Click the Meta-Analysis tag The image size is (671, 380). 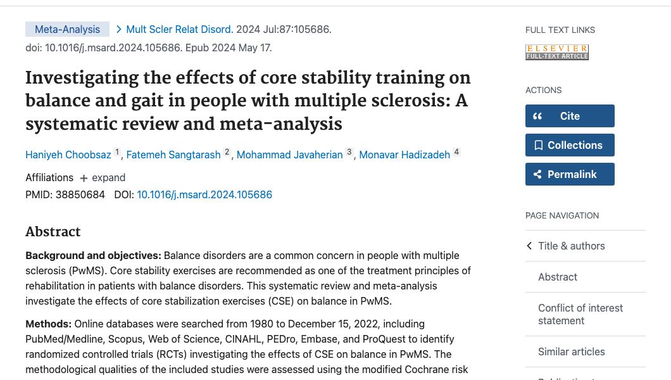click(x=67, y=29)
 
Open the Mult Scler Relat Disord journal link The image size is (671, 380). click(x=179, y=29)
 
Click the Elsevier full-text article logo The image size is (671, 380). click(x=557, y=52)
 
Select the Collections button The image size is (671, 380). click(x=569, y=145)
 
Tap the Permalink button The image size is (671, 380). click(x=569, y=174)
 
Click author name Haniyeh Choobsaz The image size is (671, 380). click(x=68, y=155)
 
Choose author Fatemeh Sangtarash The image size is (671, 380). click(x=173, y=155)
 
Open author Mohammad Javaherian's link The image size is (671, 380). click(x=289, y=155)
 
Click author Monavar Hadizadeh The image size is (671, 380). click(x=404, y=155)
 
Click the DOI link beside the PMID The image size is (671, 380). click(x=204, y=194)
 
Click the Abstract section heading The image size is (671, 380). click(x=53, y=231)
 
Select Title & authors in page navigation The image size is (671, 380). click(x=571, y=246)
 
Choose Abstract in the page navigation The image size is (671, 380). click(x=558, y=277)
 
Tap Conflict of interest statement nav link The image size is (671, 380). click(x=580, y=314)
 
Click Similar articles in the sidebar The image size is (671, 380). click(x=571, y=351)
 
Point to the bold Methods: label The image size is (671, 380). click(x=48, y=324)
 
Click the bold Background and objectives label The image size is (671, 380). click(x=93, y=255)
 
